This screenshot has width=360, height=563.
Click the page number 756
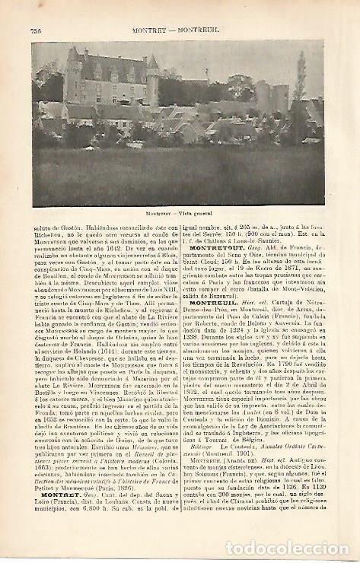(x=37, y=30)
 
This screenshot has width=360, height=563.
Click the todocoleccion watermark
(x=295, y=547)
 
